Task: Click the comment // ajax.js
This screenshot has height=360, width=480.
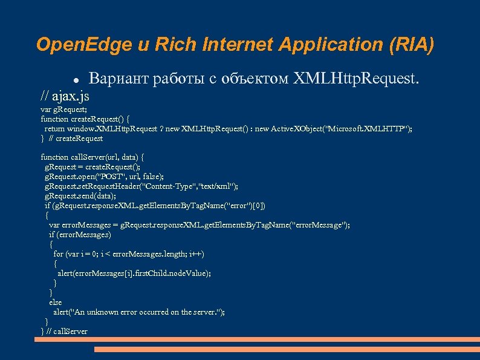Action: tap(65, 95)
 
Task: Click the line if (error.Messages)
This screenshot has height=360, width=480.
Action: tap(80, 234)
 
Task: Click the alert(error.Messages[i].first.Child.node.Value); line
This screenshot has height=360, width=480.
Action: tap(134, 273)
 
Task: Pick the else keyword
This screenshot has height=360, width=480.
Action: tap(55, 302)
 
